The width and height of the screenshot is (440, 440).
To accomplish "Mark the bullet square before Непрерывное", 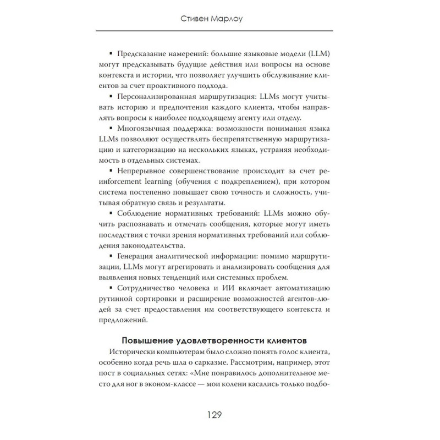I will [x=111, y=172].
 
